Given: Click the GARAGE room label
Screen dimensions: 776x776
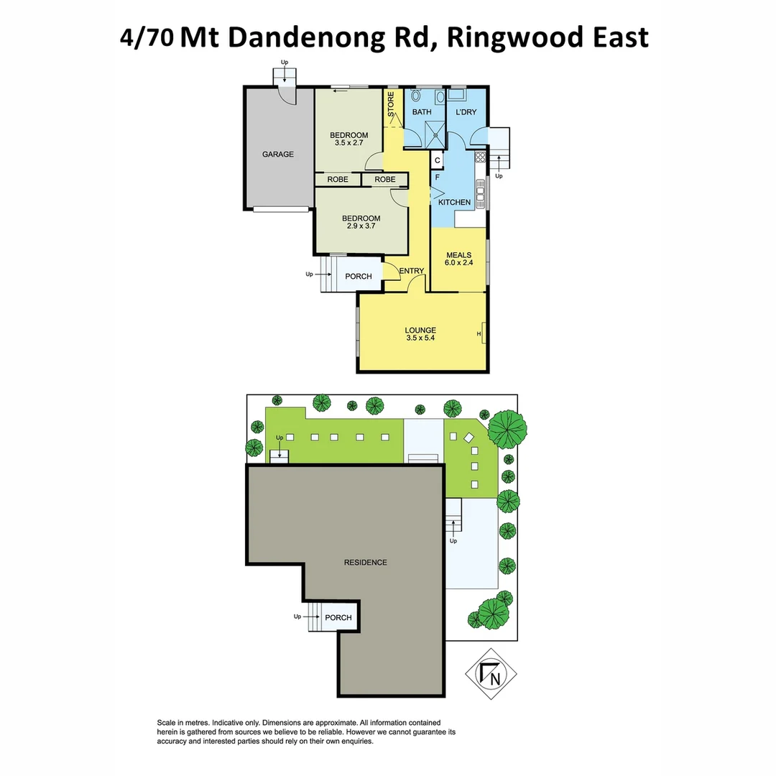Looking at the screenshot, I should [x=277, y=154].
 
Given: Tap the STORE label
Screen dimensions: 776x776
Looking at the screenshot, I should [x=392, y=104].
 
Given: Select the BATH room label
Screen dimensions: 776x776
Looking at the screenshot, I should [x=422, y=112].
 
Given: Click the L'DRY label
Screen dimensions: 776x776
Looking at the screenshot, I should [x=466, y=112].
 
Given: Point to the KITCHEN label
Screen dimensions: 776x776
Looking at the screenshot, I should [x=455, y=203].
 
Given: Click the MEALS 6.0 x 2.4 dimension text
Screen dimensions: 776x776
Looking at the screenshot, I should [x=458, y=263].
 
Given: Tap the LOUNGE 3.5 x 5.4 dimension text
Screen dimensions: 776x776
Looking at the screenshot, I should [x=420, y=338].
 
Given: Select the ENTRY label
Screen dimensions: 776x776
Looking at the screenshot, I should [x=412, y=271].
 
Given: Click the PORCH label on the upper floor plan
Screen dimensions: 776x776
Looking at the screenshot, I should [x=359, y=277].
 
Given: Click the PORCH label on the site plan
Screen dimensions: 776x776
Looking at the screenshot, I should [x=338, y=618].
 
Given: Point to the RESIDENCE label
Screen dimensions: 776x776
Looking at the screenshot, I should [x=365, y=563].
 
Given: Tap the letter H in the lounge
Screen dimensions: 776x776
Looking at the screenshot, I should [x=479, y=334].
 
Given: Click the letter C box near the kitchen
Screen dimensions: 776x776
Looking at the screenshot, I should [x=437, y=160].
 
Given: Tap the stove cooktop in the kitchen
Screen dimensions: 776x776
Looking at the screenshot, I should [x=481, y=157].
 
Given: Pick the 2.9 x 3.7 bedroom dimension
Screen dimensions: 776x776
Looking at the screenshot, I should [x=361, y=226].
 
